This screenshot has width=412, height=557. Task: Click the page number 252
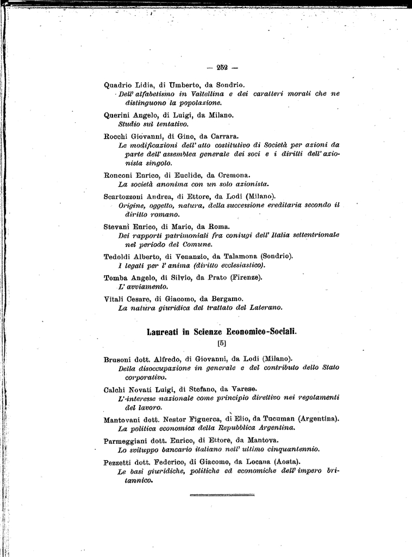pyautogui.click(x=221, y=67)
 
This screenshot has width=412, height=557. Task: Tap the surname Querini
pyautogui.click(x=117, y=115)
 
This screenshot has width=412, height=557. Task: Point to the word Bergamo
pyautogui.click(x=224, y=298)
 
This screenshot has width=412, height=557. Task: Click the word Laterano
pyautogui.click(x=266, y=308)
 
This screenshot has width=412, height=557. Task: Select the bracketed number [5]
pyautogui.click(x=221, y=343)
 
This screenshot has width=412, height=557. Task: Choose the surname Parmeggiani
pyautogui.click(x=126, y=440)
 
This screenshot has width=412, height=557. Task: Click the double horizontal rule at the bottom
pyautogui.click(x=222, y=495)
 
